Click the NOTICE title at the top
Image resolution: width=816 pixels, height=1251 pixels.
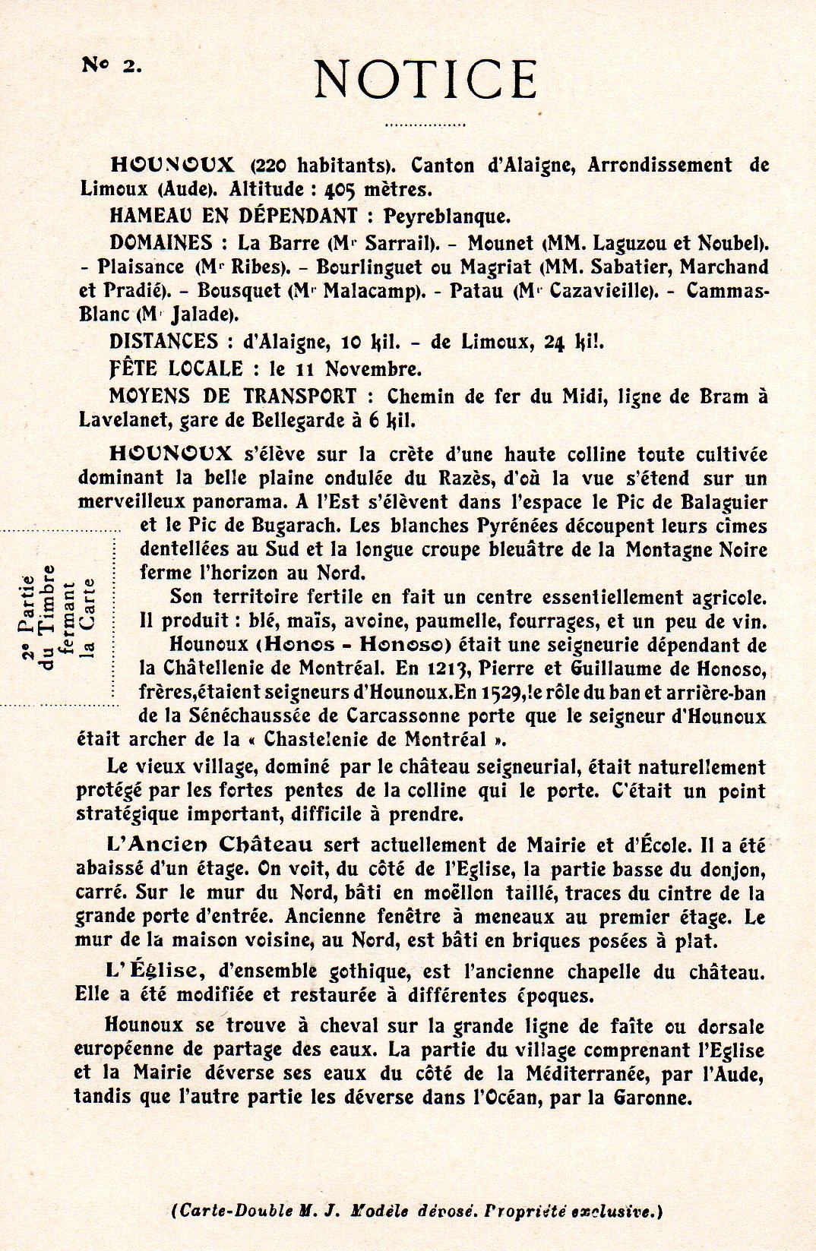click(x=426, y=79)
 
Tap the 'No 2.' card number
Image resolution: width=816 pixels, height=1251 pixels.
click(x=111, y=65)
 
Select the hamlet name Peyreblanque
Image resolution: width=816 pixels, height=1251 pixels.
click(x=446, y=216)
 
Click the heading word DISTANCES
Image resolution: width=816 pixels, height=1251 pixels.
click(x=164, y=342)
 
